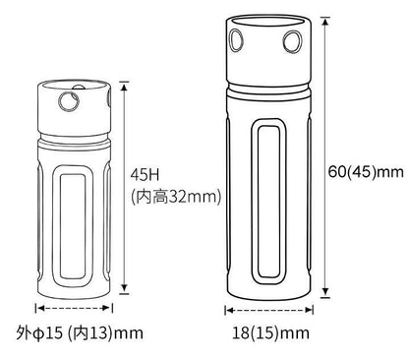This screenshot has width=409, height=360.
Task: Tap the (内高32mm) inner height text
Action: tap(176, 197)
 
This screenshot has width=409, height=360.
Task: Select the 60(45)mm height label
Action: tap(366, 172)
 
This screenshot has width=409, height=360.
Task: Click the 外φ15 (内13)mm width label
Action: tap(80, 333)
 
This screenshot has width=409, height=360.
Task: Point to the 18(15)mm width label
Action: tap(270, 333)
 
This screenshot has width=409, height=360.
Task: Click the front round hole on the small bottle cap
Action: tap(69, 101)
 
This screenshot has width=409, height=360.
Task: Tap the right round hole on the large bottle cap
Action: tap(292, 41)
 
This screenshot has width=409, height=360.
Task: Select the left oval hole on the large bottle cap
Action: tap(236, 40)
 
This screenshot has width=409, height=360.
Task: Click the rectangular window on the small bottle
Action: tap(73, 226)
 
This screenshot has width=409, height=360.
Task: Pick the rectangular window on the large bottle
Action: tap(269, 202)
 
